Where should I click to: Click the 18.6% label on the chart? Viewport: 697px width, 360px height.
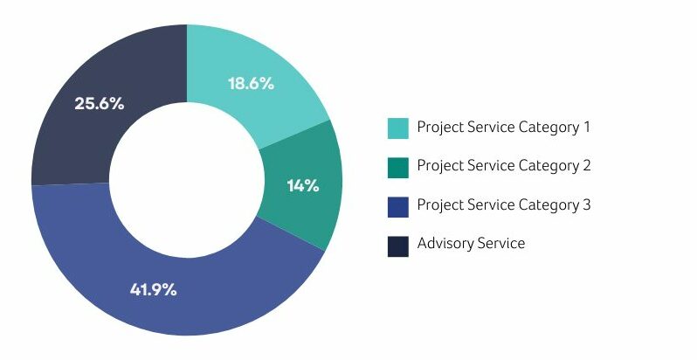tap(251, 84)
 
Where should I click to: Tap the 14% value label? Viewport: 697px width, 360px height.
tap(303, 185)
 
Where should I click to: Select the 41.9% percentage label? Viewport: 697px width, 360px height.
tap(153, 289)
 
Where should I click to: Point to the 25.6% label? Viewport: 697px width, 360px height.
tap(99, 103)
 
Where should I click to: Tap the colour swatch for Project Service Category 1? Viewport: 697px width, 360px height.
tap(398, 128)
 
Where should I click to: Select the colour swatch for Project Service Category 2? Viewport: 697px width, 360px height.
tap(398, 166)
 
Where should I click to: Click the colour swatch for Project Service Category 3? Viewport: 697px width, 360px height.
tap(398, 205)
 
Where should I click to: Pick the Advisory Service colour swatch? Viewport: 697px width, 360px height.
tap(398, 245)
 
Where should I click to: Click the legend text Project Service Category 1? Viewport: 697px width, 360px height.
tap(504, 128)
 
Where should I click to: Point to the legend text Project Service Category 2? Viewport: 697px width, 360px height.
tap(504, 166)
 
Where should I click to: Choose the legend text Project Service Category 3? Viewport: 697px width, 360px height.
tap(504, 205)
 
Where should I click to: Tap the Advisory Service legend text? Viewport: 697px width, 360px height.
tap(471, 244)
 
